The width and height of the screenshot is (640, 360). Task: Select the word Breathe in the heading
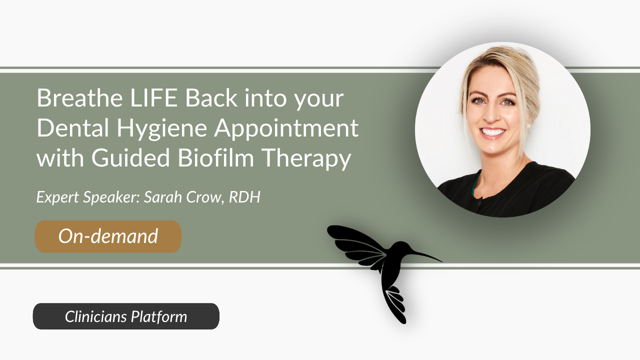coord(79,97)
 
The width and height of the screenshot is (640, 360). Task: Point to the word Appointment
coord(286,129)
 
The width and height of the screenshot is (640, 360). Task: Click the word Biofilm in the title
coord(215,157)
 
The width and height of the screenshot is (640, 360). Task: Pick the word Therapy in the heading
coord(306,159)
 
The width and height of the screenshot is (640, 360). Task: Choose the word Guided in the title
coord(131,157)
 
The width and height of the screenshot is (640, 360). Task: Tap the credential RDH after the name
coord(244,197)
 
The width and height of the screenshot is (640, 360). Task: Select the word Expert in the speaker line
coord(57,197)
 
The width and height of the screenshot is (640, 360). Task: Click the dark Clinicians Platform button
coord(126,316)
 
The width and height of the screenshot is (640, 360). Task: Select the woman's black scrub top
coord(508,190)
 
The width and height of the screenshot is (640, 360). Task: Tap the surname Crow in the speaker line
coord(203,197)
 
